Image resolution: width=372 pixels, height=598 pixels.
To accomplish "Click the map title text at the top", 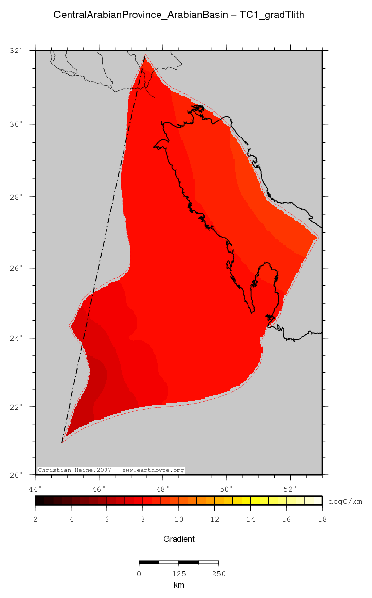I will tap(178, 15).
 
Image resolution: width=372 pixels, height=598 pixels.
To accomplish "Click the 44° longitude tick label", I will tap(35, 488).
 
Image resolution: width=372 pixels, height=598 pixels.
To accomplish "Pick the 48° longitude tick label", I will tap(163, 488).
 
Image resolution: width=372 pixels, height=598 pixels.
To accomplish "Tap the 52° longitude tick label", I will tap(290, 488).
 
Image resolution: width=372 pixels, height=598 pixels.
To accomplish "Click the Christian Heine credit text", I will tap(111, 470).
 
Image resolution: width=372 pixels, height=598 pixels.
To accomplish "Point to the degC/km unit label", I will tap(345, 501).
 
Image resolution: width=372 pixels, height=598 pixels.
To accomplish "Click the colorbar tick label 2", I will tap(35, 519).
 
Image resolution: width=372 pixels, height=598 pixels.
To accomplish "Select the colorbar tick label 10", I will tap(178, 519).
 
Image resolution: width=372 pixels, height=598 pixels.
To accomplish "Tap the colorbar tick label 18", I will tap(322, 519).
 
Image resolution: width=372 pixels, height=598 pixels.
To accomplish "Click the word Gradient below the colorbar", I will tap(178, 539).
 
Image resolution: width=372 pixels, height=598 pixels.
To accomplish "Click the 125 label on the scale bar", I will tap(178, 574).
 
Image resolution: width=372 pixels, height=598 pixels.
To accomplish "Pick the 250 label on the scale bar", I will tap(218, 574).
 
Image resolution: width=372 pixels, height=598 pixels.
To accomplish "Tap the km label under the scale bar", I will tap(178, 585).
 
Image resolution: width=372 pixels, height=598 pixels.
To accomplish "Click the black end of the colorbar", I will tap(39, 500).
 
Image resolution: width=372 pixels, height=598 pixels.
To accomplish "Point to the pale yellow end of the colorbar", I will tap(317, 500).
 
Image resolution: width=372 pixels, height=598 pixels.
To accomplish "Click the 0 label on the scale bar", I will tap(139, 574).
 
